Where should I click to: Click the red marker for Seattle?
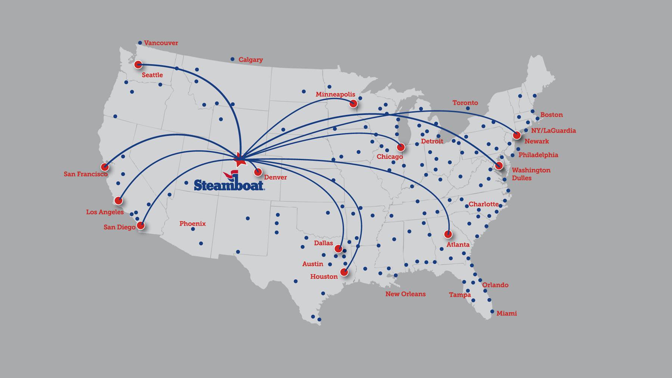click(x=138, y=65)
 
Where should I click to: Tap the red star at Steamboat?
click(x=239, y=161)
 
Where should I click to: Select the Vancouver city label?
click(x=161, y=43)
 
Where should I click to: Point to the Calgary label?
click(x=251, y=60)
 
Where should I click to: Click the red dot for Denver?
click(x=258, y=172)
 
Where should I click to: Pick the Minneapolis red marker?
click(x=353, y=104)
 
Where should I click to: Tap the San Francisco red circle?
click(x=105, y=167)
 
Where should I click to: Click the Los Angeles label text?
click(x=105, y=212)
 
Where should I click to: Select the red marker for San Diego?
click(x=141, y=225)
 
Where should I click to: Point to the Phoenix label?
click(x=192, y=224)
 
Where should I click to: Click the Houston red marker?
click(x=344, y=272)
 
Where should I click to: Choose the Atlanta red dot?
click(x=448, y=234)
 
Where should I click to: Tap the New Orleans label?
click(x=405, y=294)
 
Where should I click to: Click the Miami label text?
click(x=507, y=313)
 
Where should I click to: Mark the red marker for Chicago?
click(x=401, y=147)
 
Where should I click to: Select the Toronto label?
click(x=465, y=103)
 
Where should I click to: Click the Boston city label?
click(x=551, y=115)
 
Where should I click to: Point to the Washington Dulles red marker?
click(x=498, y=166)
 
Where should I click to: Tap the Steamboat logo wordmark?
click(x=229, y=185)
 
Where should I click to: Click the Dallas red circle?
click(x=338, y=249)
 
